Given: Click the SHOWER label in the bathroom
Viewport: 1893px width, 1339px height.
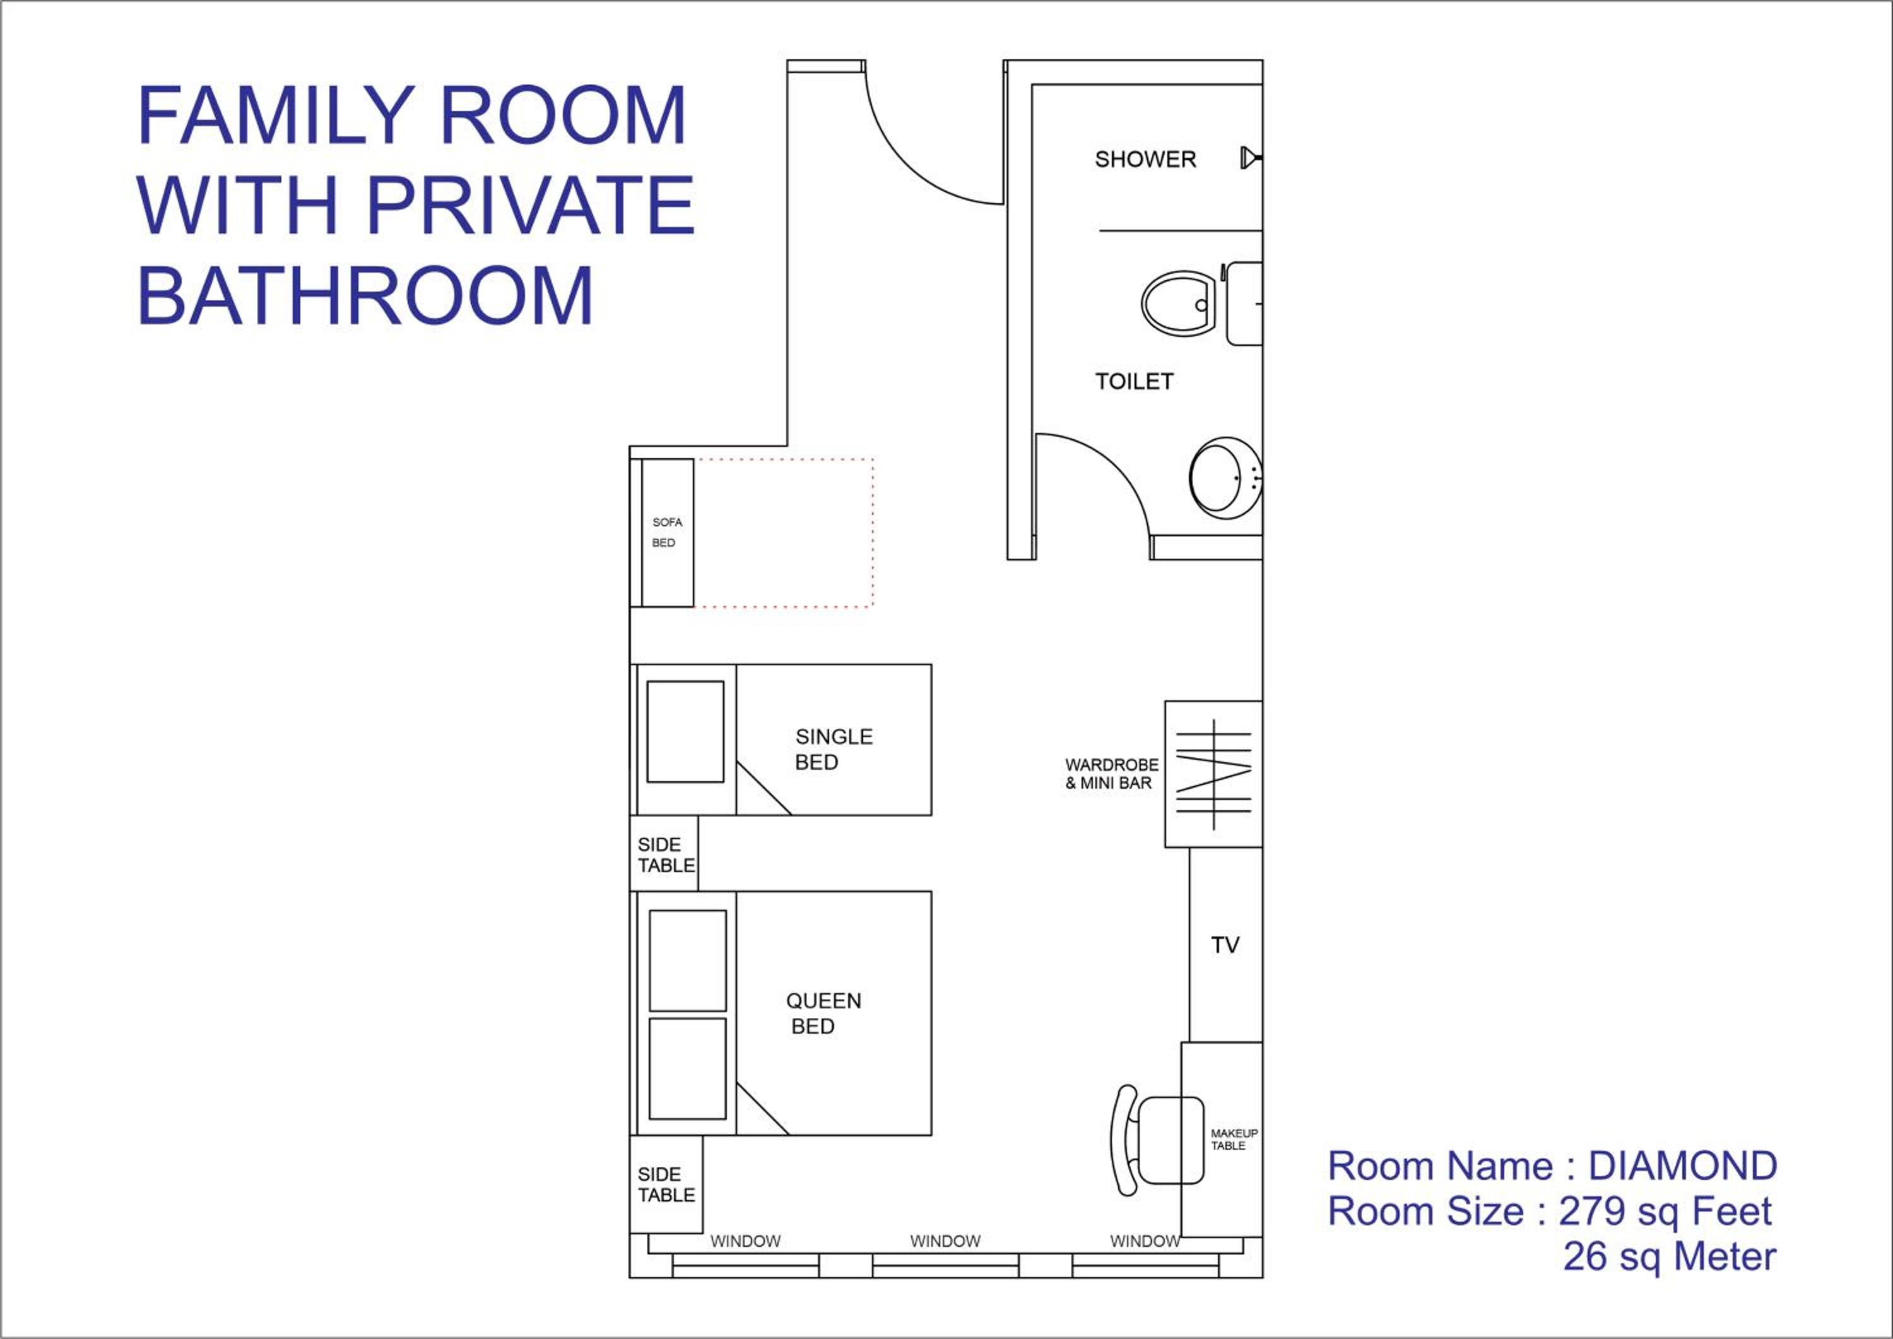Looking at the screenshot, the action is tap(1145, 159).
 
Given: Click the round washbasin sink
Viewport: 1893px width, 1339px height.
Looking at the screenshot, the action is tap(1226, 478).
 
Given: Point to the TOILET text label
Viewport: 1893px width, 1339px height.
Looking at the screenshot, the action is tap(1134, 381).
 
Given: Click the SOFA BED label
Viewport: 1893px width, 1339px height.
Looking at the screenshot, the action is tap(667, 533).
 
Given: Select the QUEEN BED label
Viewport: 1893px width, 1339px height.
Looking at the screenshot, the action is tap(823, 1013).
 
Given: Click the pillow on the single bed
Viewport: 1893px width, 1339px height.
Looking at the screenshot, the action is tap(685, 731).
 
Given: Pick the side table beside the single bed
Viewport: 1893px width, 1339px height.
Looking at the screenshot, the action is tap(664, 853).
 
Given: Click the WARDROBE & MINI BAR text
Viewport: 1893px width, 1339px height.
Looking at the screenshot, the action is tap(1111, 774).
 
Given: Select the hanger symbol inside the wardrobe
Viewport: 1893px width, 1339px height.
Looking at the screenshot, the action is tap(1213, 774).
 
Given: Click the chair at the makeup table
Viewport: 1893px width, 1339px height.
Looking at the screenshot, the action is tap(1157, 1140).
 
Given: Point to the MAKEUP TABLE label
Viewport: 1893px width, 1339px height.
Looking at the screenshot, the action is tap(1234, 1140).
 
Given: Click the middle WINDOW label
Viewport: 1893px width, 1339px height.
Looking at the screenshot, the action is tap(945, 1241).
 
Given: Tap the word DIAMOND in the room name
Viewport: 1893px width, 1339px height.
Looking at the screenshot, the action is tap(1683, 1166).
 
